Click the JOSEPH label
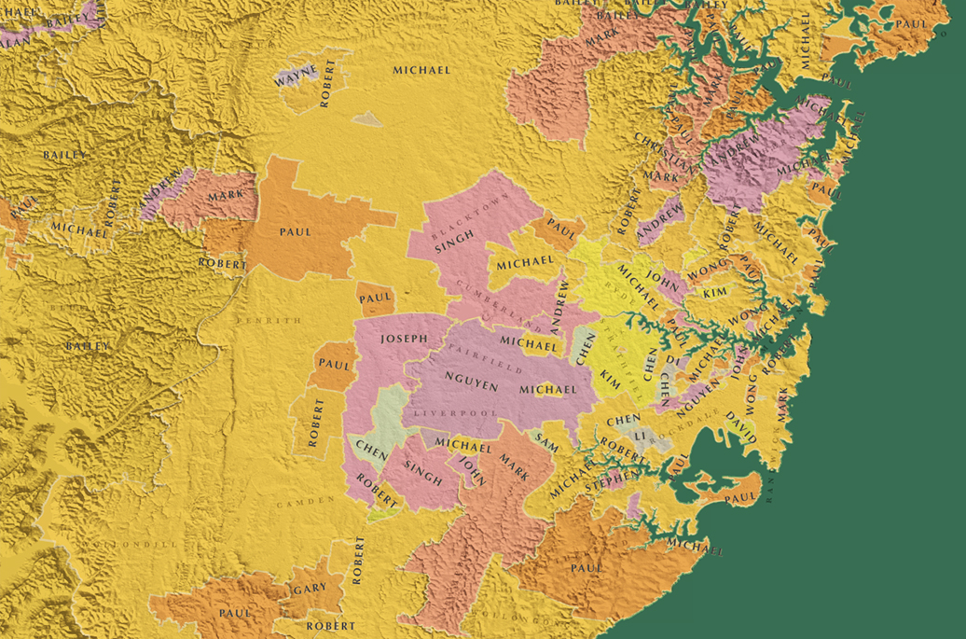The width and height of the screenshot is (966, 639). click(x=405, y=339)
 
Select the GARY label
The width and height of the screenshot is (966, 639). click(x=309, y=589)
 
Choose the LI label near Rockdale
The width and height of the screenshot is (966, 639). click(x=639, y=436)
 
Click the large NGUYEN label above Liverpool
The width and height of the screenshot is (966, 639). click(x=472, y=378)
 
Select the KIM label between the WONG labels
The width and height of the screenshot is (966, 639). click(x=714, y=293)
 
